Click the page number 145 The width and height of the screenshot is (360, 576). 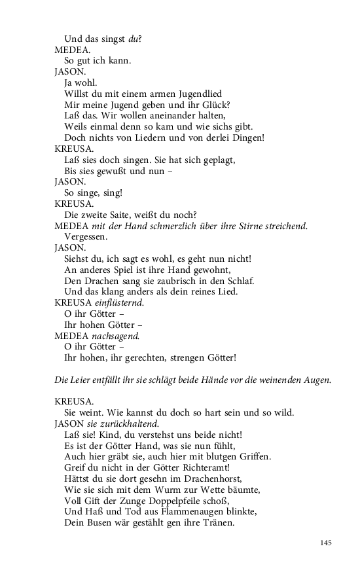pos(327,543)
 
